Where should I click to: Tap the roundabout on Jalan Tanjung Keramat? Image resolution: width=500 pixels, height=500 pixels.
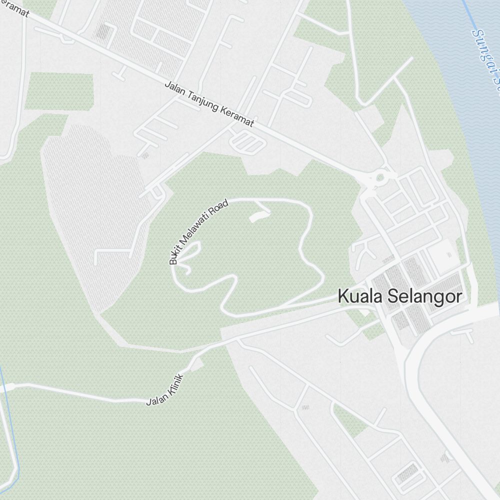tap(379, 176)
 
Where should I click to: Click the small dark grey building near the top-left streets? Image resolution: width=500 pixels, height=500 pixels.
tap(102, 31)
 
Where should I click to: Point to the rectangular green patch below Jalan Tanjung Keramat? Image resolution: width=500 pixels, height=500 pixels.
tap(58, 91)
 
